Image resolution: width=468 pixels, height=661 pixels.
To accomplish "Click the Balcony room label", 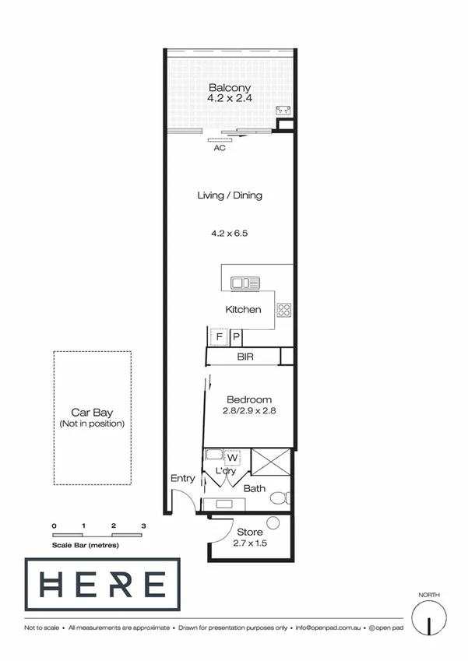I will click(229, 88).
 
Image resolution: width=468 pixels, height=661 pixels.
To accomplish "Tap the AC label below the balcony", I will click(220, 147).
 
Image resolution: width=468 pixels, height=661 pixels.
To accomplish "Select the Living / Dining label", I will click(229, 195).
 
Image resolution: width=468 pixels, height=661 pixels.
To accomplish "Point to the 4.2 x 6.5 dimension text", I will click(229, 233).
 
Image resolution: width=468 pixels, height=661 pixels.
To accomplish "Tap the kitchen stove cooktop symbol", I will click(284, 310).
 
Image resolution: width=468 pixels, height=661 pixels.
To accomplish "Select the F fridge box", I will click(219, 337).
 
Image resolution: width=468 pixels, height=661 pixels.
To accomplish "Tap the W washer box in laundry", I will click(232, 458).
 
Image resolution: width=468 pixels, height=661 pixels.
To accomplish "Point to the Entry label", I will click(182, 479).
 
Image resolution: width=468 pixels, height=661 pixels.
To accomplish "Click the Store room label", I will click(249, 533).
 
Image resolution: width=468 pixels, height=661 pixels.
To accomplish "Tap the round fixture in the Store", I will click(273, 523).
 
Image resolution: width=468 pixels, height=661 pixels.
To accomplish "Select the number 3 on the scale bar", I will click(143, 526).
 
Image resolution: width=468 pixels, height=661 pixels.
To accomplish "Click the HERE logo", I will click(102, 585).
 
